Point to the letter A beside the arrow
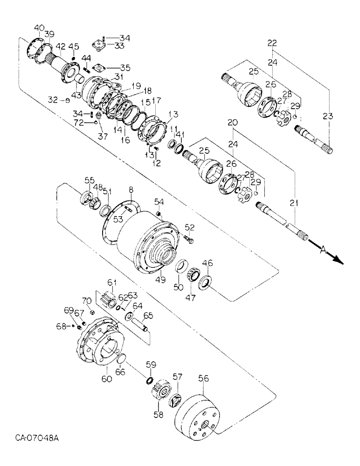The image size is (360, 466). click(323, 250)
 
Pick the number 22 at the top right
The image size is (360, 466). click(272, 43)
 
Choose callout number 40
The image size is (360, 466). click(40, 27)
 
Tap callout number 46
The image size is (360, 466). click(208, 263)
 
